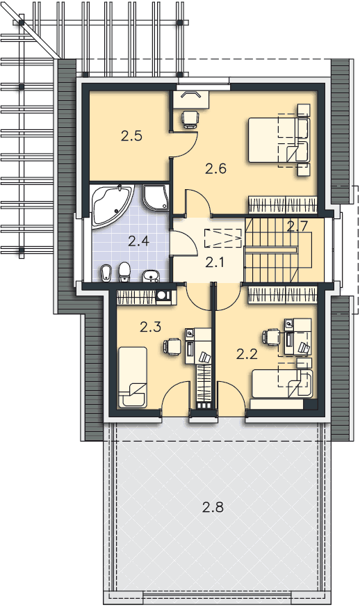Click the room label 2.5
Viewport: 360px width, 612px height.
(x=131, y=136)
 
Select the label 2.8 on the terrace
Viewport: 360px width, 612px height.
(x=213, y=507)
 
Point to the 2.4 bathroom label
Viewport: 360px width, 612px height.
(x=138, y=241)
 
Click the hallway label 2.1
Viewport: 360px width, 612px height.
(x=215, y=263)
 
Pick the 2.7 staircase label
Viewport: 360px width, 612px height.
(x=297, y=226)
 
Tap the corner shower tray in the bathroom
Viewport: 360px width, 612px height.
(x=156, y=197)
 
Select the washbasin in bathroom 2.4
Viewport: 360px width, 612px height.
(x=151, y=275)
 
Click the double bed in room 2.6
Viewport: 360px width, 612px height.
(x=279, y=140)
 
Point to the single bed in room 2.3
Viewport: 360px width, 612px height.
(x=133, y=377)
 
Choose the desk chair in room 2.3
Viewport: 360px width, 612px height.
(x=172, y=346)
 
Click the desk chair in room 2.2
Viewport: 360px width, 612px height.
(x=272, y=337)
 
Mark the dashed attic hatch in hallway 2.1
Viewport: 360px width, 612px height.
(x=222, y=238)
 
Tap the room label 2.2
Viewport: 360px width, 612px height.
(x=247, y=354)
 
